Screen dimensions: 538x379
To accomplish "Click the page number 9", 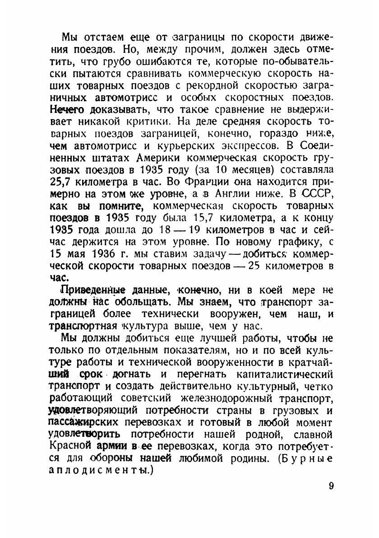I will pos(331,486).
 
